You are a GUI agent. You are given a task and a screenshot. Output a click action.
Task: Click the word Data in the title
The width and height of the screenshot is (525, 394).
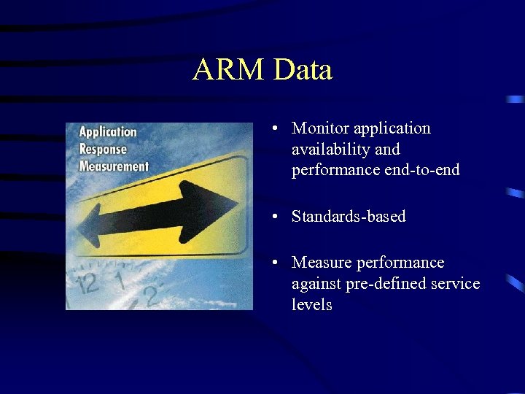(303, 70)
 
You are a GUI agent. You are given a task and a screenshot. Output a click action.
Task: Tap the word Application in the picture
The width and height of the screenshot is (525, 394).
(108, 132)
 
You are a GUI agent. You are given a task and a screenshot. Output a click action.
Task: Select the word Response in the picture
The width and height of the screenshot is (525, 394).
(103, 149)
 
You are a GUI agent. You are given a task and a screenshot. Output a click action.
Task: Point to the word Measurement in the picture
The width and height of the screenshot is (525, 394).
(114, 166)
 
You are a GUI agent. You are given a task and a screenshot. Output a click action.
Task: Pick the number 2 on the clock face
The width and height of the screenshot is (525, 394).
(151, 295)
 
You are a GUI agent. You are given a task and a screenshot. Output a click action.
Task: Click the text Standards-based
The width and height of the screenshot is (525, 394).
(349, 217)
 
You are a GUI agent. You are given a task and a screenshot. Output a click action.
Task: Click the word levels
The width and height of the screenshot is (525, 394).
(311, 304)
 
